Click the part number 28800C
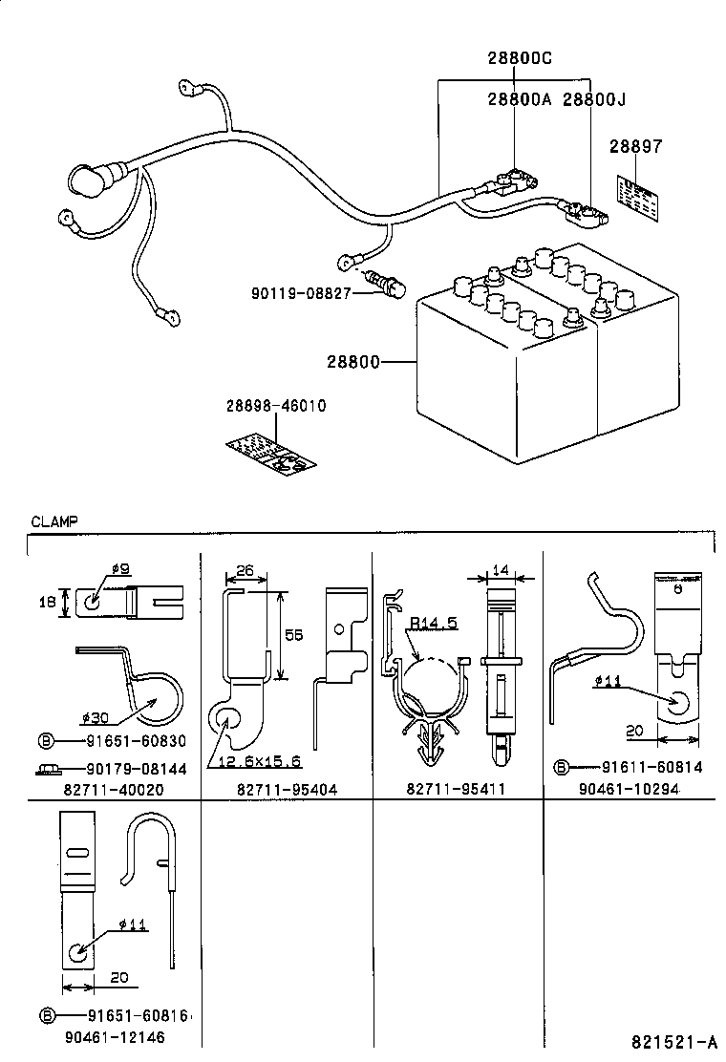[520, 58]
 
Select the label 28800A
[520, 98]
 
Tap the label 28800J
[594, 98]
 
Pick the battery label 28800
[352, 362]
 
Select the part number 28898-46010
[276, 406]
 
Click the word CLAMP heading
[54, 521]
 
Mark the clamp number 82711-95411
[456, 790]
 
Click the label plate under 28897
[637, 197]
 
